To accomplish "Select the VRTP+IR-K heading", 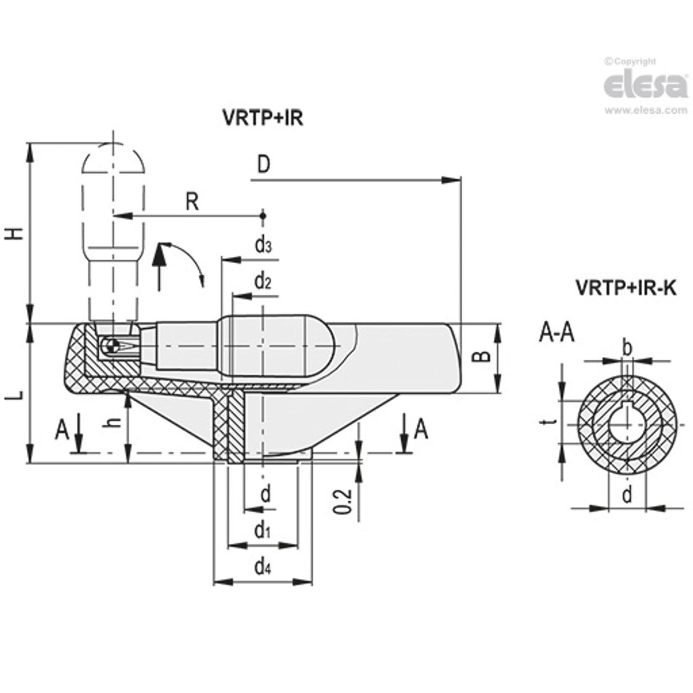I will pos(625,289).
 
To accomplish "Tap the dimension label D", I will pos(263,164).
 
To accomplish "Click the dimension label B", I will pos(483,357).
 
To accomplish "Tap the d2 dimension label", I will pos(263,282).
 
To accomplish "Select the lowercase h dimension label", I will pos(115,421).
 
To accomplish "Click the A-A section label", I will pos(557,333).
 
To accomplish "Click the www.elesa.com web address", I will pos(645,111).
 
